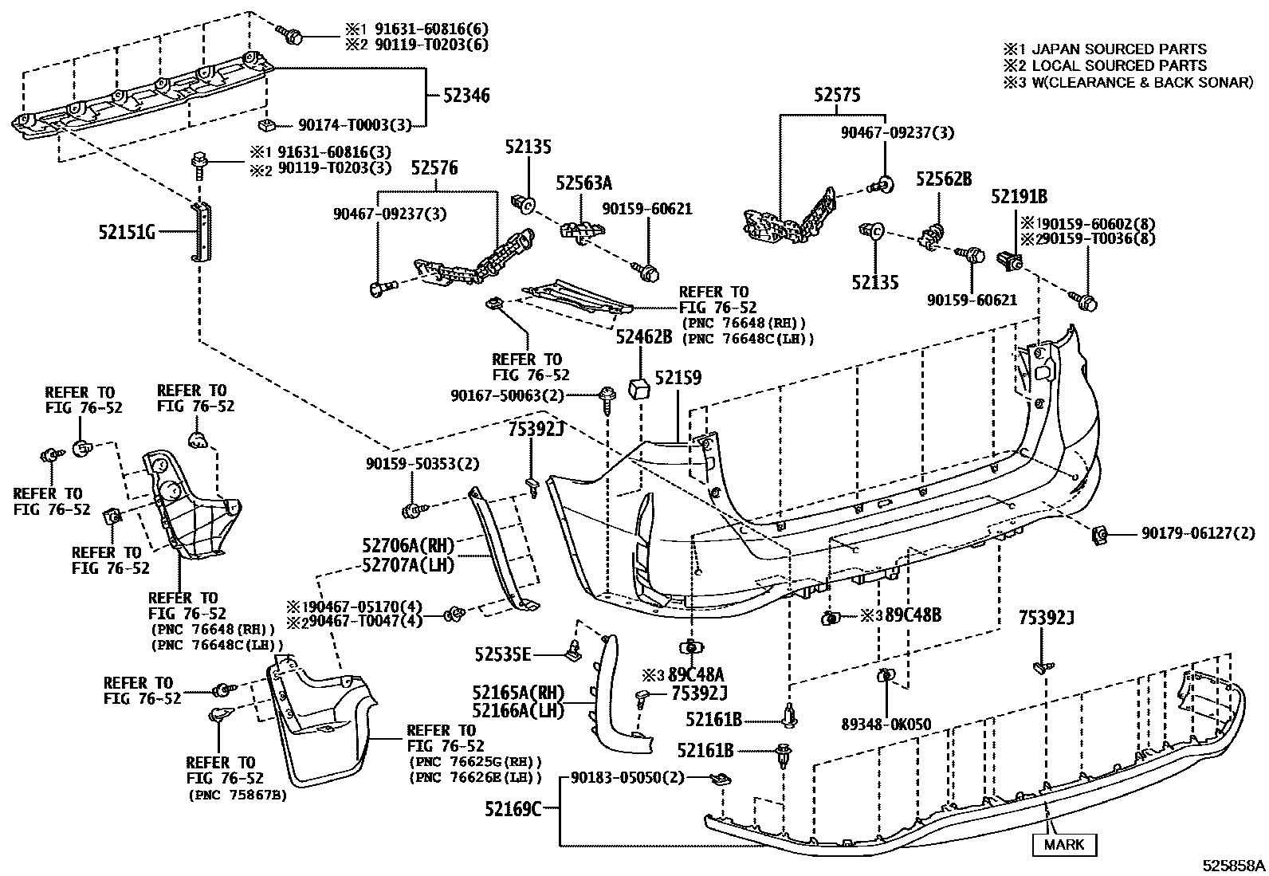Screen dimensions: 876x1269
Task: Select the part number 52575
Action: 837,96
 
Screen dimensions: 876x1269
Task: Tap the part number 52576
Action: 434,168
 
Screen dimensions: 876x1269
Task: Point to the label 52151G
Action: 126,232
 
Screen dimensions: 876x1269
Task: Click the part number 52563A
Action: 583,183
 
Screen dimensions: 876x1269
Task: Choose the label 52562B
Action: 944,179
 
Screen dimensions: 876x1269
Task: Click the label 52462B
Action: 643,338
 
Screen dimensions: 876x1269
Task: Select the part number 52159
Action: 678,377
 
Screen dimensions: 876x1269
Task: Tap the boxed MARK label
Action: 1064,844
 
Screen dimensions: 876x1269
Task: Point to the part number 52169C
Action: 513,810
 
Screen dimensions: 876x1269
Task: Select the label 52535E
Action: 502,654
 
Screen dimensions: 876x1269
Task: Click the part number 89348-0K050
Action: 886,725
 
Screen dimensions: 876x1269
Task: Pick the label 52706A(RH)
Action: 407,546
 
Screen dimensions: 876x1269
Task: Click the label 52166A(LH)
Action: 518,709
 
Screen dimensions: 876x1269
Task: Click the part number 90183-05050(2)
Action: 628,778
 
